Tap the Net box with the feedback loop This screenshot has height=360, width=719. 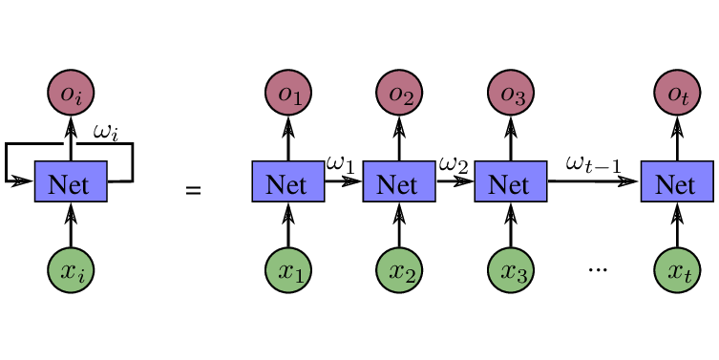tap(71, 181)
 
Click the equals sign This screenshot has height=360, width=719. tap(193, 191)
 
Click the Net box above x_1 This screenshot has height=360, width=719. tap(288, 181)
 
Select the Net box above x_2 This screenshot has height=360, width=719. tap(399, 181)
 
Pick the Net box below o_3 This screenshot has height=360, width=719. tap(511, 181)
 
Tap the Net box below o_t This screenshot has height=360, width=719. tap(677, 181)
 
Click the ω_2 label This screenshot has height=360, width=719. tap(454, 165)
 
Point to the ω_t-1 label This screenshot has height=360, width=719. tap(593, 164)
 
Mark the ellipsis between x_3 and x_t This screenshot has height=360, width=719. tap(598, 271)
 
